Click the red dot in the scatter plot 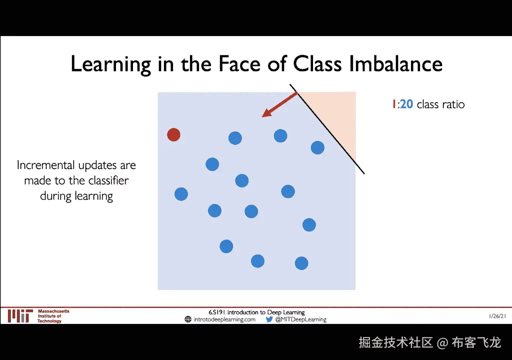click(173, 134)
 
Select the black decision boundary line click(327, 129)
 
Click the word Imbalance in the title click(396, 63)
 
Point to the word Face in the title click(239, 63)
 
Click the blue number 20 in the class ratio click(406, 104)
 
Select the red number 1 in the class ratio click(394, 104)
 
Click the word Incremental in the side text click(45, 165)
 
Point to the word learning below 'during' click(94, 196)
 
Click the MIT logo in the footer click(20, 316)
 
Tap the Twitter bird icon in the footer click(269, 319)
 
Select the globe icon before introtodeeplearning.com click(188, 319)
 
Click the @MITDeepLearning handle click(300, 319)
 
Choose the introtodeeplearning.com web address click(224, 319)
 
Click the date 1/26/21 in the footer click(497, 316)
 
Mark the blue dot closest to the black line click(317, 147)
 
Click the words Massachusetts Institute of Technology click(53, 316)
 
